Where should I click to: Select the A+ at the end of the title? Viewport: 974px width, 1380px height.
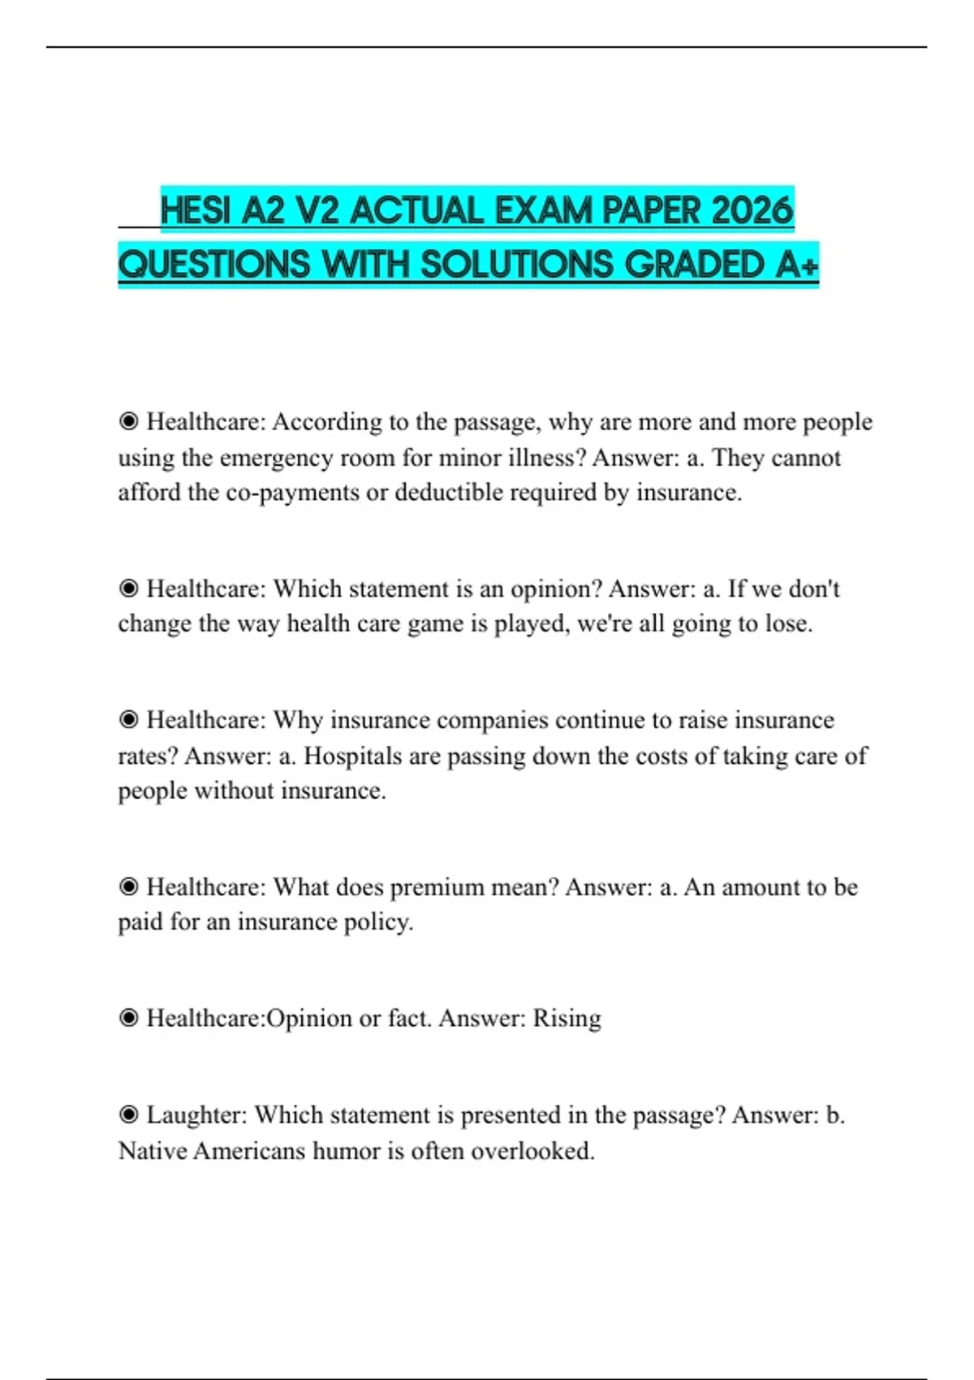(796, 265)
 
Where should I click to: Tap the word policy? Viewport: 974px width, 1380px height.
(379, 922)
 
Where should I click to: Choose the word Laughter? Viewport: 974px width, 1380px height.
(196, 1115)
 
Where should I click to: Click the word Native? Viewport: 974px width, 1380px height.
(153, 1150)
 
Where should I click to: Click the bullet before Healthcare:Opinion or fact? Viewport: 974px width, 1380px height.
(128, 1018)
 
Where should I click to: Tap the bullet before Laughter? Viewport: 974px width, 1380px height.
(128, 1115)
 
